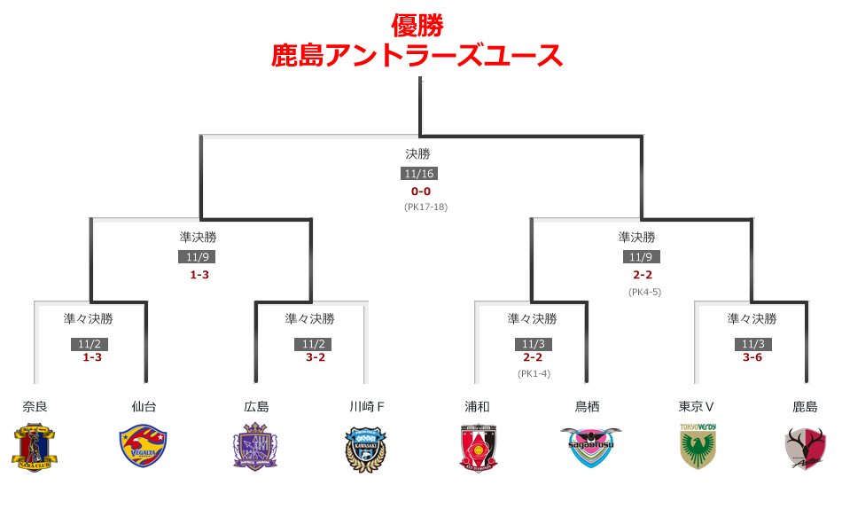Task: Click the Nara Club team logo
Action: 35,448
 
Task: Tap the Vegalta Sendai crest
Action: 144,447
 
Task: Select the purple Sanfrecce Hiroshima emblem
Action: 255,447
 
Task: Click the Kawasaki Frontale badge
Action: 366,448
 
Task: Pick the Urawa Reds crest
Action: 477,448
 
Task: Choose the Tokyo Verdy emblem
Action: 698,446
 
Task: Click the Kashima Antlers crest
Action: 806,448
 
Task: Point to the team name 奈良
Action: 35,407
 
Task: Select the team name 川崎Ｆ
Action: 366,407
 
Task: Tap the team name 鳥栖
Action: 588,407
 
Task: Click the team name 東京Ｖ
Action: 697,407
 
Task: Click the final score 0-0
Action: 421,192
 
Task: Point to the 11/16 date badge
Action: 419,174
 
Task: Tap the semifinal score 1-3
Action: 199,275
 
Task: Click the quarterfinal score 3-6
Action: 752,357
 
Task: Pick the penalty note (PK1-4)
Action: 534,373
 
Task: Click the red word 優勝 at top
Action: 417,25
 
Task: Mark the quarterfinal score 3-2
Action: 316,357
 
